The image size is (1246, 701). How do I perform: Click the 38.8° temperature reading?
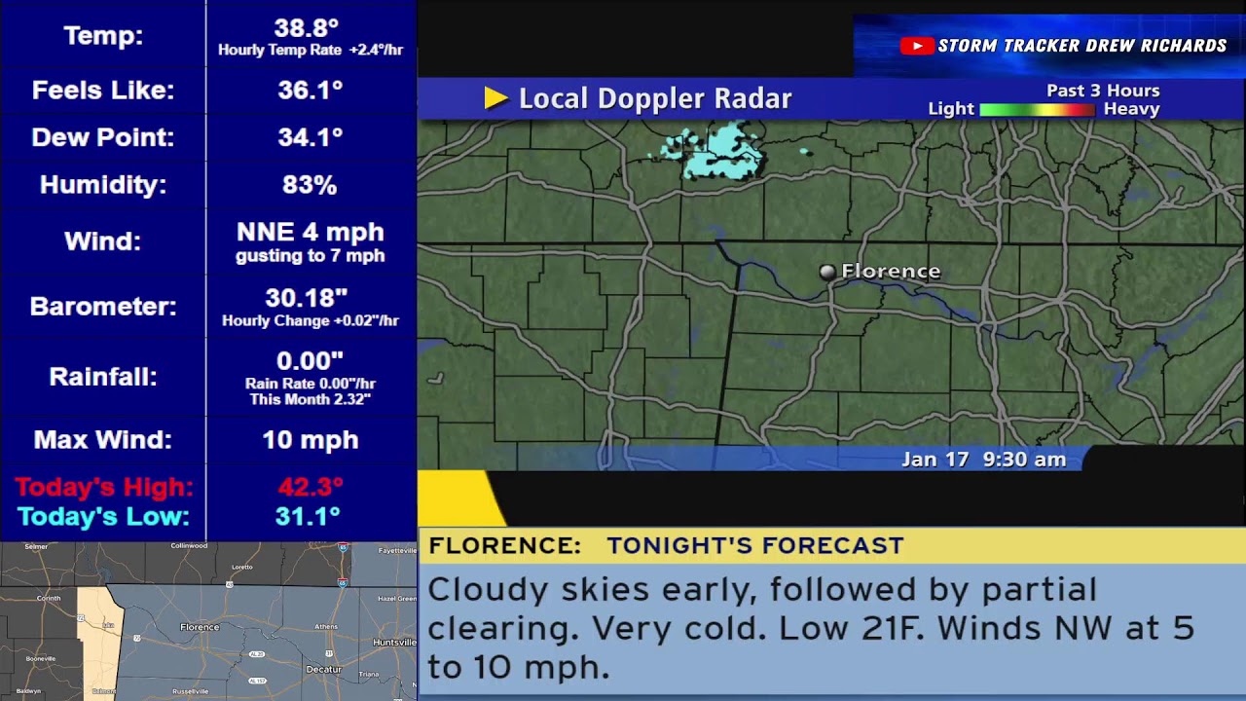click(306, 29)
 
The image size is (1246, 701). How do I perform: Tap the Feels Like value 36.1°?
click(310, 91)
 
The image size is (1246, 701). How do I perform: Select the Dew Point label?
click(102, 137)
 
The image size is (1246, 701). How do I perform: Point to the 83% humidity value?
click(310, 185)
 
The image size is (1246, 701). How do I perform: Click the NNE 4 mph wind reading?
click(310, 233)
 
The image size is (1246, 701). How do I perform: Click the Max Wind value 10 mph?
click(310, 440)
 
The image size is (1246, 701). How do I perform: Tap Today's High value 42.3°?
click(310, 487)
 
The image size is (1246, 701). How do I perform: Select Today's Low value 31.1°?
click(308, 517)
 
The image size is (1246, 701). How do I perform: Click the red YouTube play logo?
click(916, 46)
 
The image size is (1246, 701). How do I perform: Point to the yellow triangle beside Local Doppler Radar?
click(495, 98)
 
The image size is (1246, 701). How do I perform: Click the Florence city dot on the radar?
click(826, 273)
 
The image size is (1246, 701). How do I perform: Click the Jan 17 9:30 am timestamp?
click(983, 460)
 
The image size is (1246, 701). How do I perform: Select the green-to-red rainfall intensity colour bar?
click(1038, 110)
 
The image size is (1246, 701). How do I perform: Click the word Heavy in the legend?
click(1131, 109)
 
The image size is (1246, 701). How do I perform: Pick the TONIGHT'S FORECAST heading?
click(755, 546)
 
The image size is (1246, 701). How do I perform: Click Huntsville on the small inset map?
click(393, 643)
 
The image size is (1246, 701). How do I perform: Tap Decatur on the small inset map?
click(323, 669)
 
